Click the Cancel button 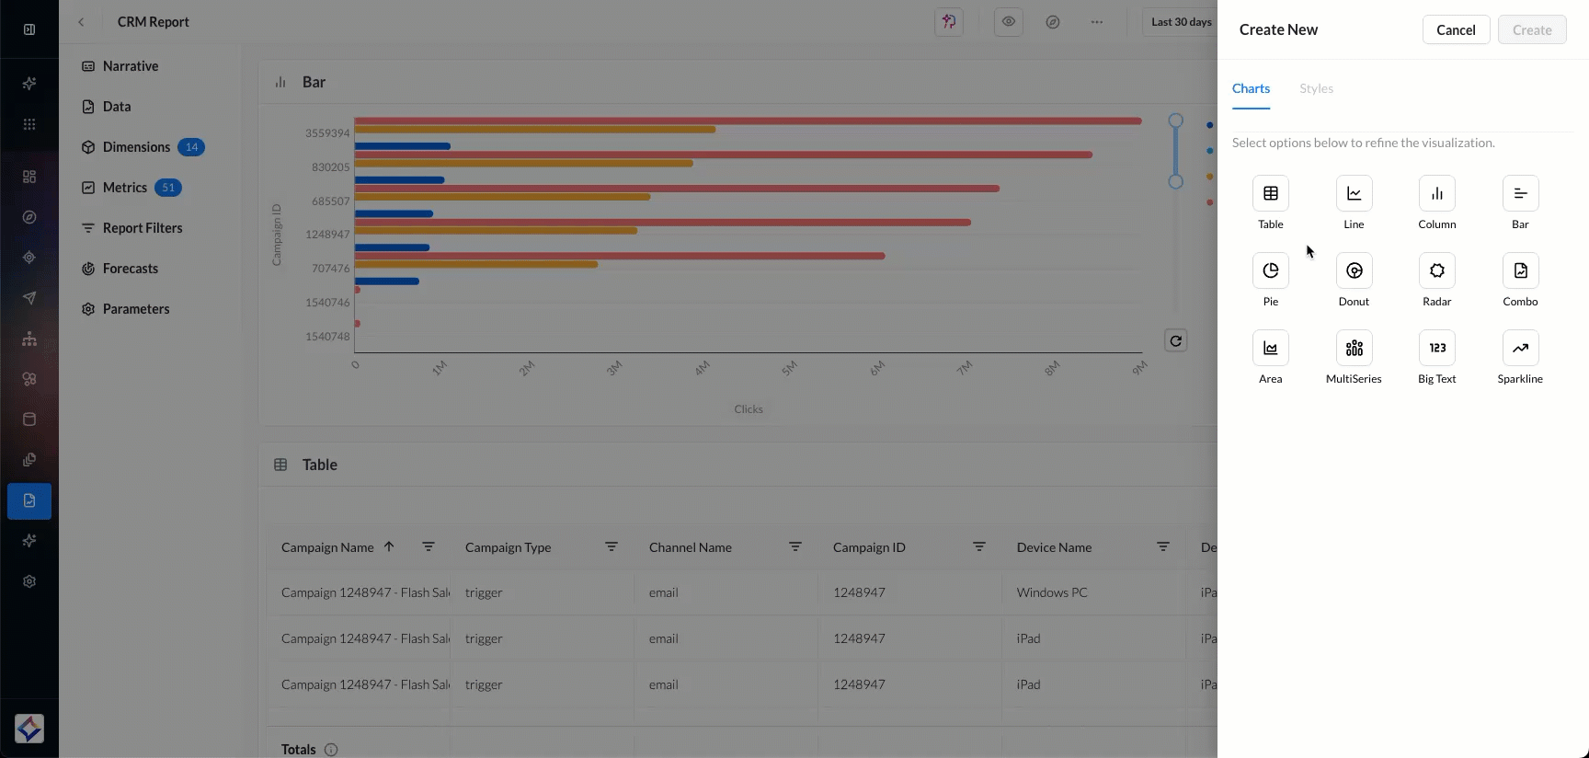coord(1456,30)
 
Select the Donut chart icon coord(1354,271)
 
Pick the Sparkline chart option coord(1520,349)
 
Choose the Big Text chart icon coord(1436,349)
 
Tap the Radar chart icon coord(1436,271)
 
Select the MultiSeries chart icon coord(1354,349)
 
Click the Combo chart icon coord(1520,271)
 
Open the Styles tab coord(1316,88)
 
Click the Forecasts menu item coord(130,269)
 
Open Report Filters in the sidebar coord(142,228)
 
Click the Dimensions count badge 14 coord(191,147)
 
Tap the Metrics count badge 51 coord(168,188)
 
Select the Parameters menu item coord(135,309)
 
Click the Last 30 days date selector coord(1181,22)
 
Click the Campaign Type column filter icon coord(612,546)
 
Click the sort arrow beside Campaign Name coord(389,546)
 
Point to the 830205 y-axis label coord(330,167)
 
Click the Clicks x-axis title coord(748,409)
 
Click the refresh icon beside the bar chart coord(1175,341)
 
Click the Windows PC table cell coord(1052,592)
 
